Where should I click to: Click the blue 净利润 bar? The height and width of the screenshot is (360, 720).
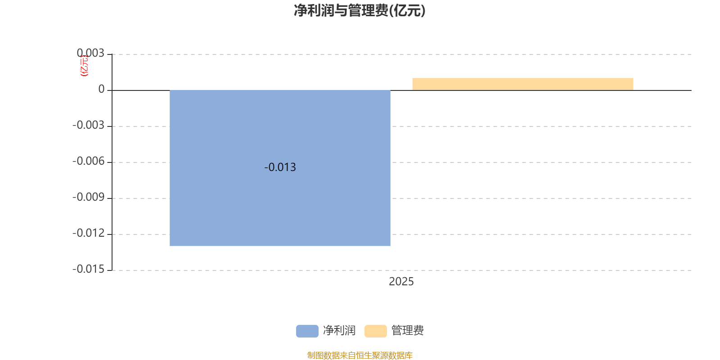coord(280,202)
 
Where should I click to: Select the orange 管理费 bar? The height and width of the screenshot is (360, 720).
coord(522,84)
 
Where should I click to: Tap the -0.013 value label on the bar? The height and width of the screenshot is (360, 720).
coord(280,167)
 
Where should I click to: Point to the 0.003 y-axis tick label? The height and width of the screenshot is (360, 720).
coord(90,54)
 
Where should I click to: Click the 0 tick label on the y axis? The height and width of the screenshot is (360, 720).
coord(101,90)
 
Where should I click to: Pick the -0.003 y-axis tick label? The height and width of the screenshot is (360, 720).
coord(88,125)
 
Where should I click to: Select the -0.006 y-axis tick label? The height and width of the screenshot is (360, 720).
coord(88,161)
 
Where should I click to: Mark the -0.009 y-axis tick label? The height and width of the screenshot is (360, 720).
coord(88,197)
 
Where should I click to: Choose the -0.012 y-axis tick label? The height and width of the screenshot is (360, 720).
coord(88,233)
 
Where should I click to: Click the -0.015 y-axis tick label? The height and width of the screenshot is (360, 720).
coord(88,269)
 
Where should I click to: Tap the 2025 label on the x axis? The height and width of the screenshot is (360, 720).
coord(401,282)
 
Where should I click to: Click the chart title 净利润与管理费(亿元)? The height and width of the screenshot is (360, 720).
coord(360,11)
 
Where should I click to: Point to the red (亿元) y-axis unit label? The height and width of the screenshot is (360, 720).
coord(84,66)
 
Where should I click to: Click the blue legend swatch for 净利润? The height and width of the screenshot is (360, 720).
coord(307,331)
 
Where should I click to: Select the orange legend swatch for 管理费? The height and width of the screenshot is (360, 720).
coord(375,331)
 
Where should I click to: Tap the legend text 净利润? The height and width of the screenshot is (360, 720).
coord(339,331)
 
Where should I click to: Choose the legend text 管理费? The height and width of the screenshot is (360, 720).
coord(408,331)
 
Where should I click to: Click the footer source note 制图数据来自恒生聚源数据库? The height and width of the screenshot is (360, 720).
coord(360,355)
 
